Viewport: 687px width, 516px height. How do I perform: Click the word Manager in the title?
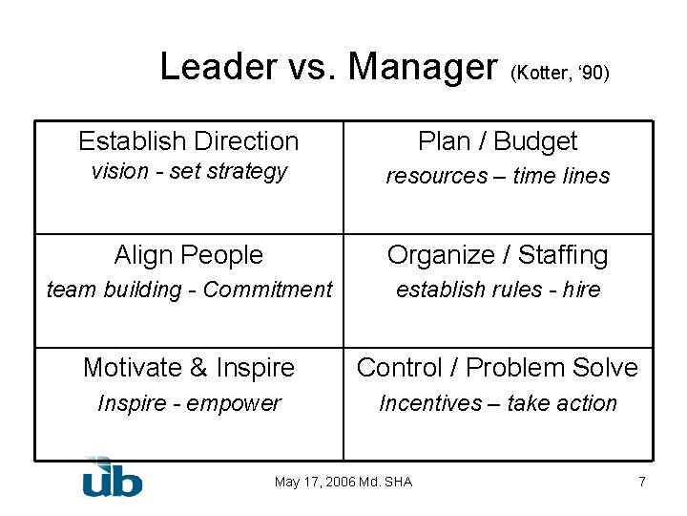[x=423, y=67]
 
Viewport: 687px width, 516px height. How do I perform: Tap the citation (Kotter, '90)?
[x=560, y=73]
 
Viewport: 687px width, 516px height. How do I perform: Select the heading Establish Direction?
[x=188, y=141]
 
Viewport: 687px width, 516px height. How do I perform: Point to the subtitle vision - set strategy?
[x=188, y=172]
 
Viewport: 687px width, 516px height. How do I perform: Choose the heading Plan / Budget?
[x=497, y=141]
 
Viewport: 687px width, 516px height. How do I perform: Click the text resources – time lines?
[x=497, y=176]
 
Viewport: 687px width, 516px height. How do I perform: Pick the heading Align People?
[x=188, y=255]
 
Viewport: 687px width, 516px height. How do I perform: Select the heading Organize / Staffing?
[x=497, y=255]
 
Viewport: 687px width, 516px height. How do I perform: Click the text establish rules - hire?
[x=497, y=290]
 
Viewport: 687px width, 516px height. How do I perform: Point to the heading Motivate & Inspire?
[x=188, y=367]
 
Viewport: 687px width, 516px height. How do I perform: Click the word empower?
[x=234, y=403]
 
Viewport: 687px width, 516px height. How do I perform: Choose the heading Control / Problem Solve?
[x=497, y=367]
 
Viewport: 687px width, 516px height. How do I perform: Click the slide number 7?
[x=642, y=482]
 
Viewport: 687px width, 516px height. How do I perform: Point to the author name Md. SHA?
[x=385, y=482]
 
